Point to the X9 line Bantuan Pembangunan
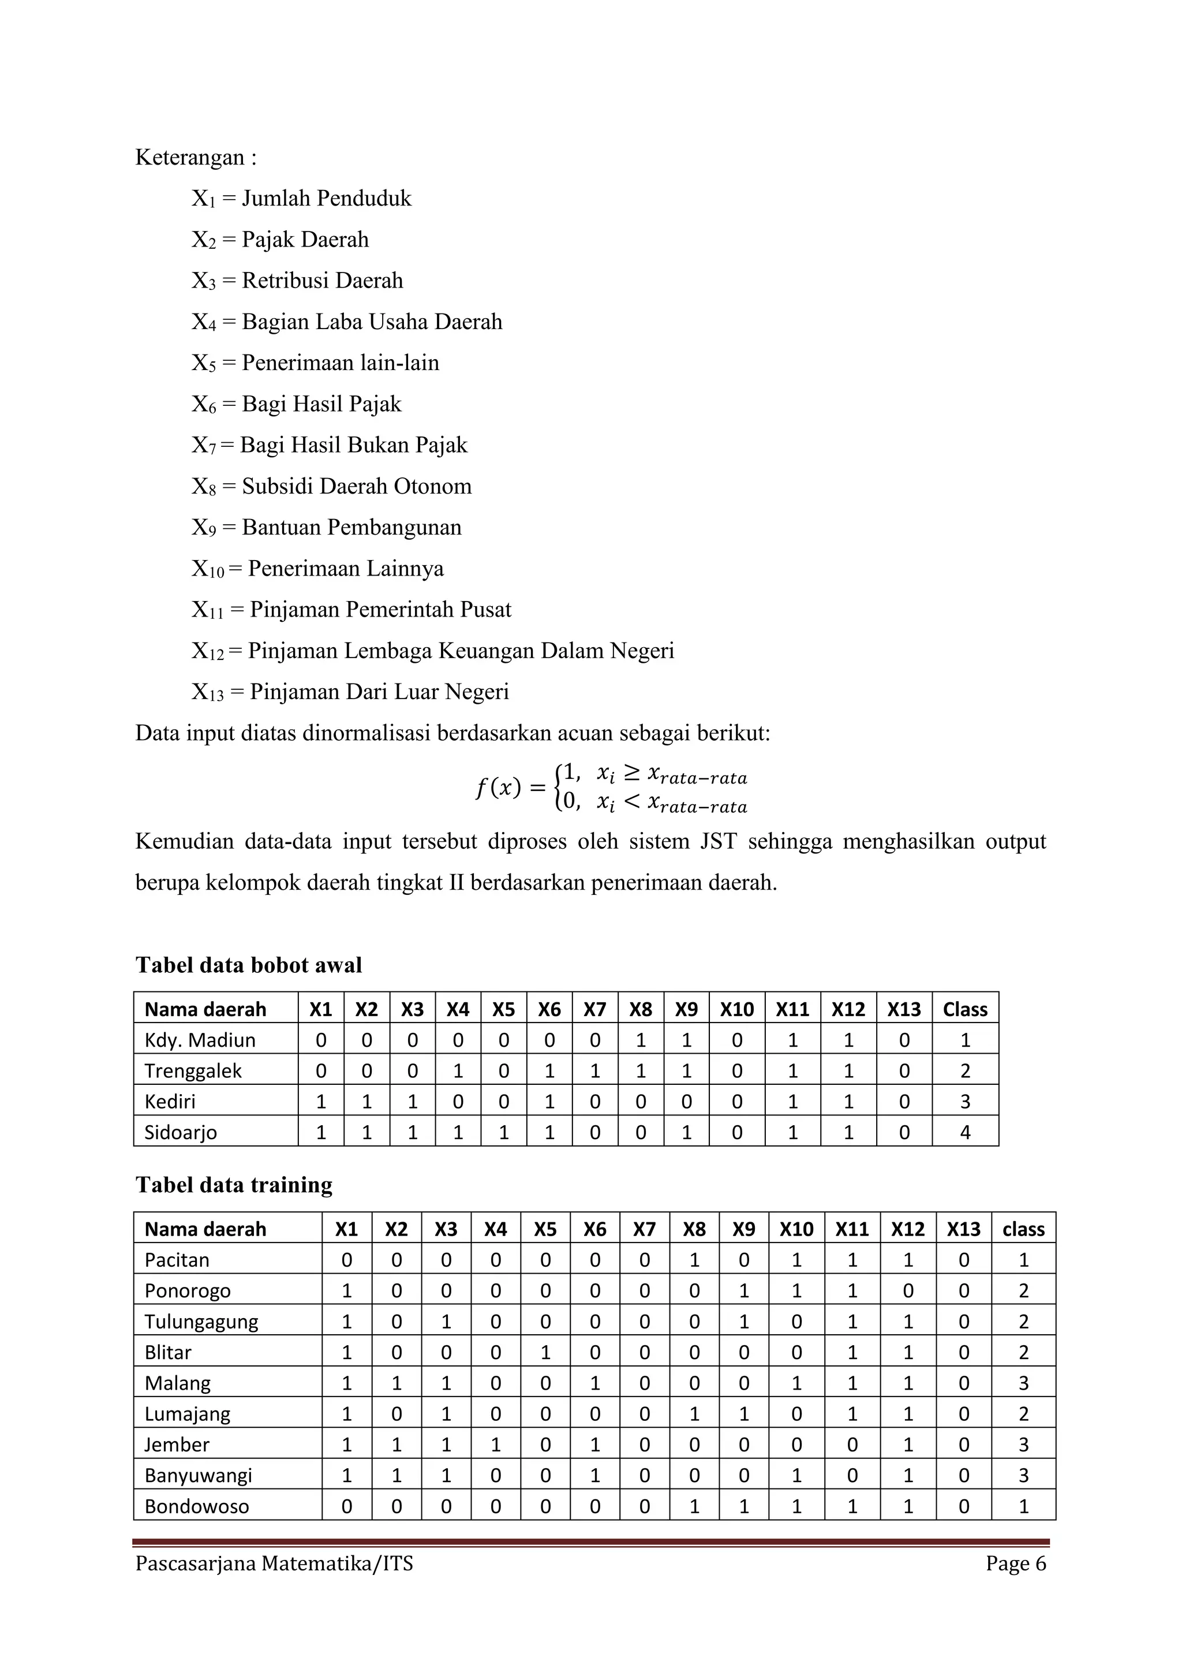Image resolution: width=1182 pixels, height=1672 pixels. point(351,527)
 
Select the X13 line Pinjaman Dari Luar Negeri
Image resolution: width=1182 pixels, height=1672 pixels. point(379,692)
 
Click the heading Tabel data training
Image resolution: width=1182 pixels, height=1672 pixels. point(234,1185)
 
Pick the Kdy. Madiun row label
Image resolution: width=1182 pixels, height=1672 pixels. point(200,1040)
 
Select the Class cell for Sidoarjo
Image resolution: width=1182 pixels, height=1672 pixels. point(965,1132)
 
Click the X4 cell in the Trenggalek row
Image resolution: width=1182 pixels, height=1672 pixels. point(458,1070)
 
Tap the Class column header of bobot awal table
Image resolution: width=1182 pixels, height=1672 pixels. point(965,1009)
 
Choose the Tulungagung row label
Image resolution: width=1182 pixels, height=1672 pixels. point(201,1322)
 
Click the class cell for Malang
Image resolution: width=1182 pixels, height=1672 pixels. point(1023,1383)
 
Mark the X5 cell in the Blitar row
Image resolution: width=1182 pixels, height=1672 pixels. point(545,1352)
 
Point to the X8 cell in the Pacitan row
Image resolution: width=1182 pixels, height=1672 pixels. point(694,1260)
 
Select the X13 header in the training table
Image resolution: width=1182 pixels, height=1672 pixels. point(964,1230)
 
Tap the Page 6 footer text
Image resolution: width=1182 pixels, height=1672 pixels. point(1016,1563)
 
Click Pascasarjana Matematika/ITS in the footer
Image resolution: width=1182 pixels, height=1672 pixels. point(274,1563)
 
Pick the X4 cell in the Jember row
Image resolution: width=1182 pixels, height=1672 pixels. point(496,1445)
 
